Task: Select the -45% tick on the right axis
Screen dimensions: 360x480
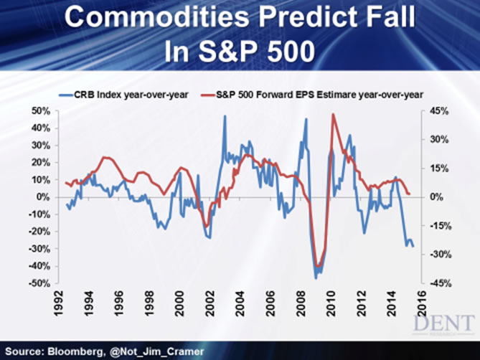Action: tap(438, 284)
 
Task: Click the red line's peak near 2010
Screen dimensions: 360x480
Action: tap(333, 114)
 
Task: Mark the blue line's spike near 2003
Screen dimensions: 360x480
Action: tap(225, 116)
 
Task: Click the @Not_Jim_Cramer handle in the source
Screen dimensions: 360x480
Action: tap(164, 350)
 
